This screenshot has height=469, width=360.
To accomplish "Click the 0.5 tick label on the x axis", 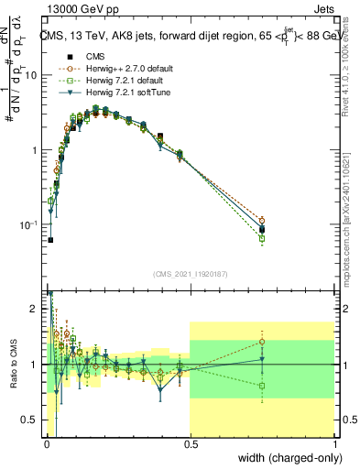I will tap(190, 444).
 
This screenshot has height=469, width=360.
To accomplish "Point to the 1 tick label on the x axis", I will tap(335, 444).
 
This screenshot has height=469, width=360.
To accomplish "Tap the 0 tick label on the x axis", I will tap(46, 444).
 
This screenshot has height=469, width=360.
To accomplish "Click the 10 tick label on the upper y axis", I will tap(32, 76).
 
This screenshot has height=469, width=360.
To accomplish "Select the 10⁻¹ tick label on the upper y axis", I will tap(30, 225).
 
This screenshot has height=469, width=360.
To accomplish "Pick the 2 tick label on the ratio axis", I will tap(36, 309).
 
